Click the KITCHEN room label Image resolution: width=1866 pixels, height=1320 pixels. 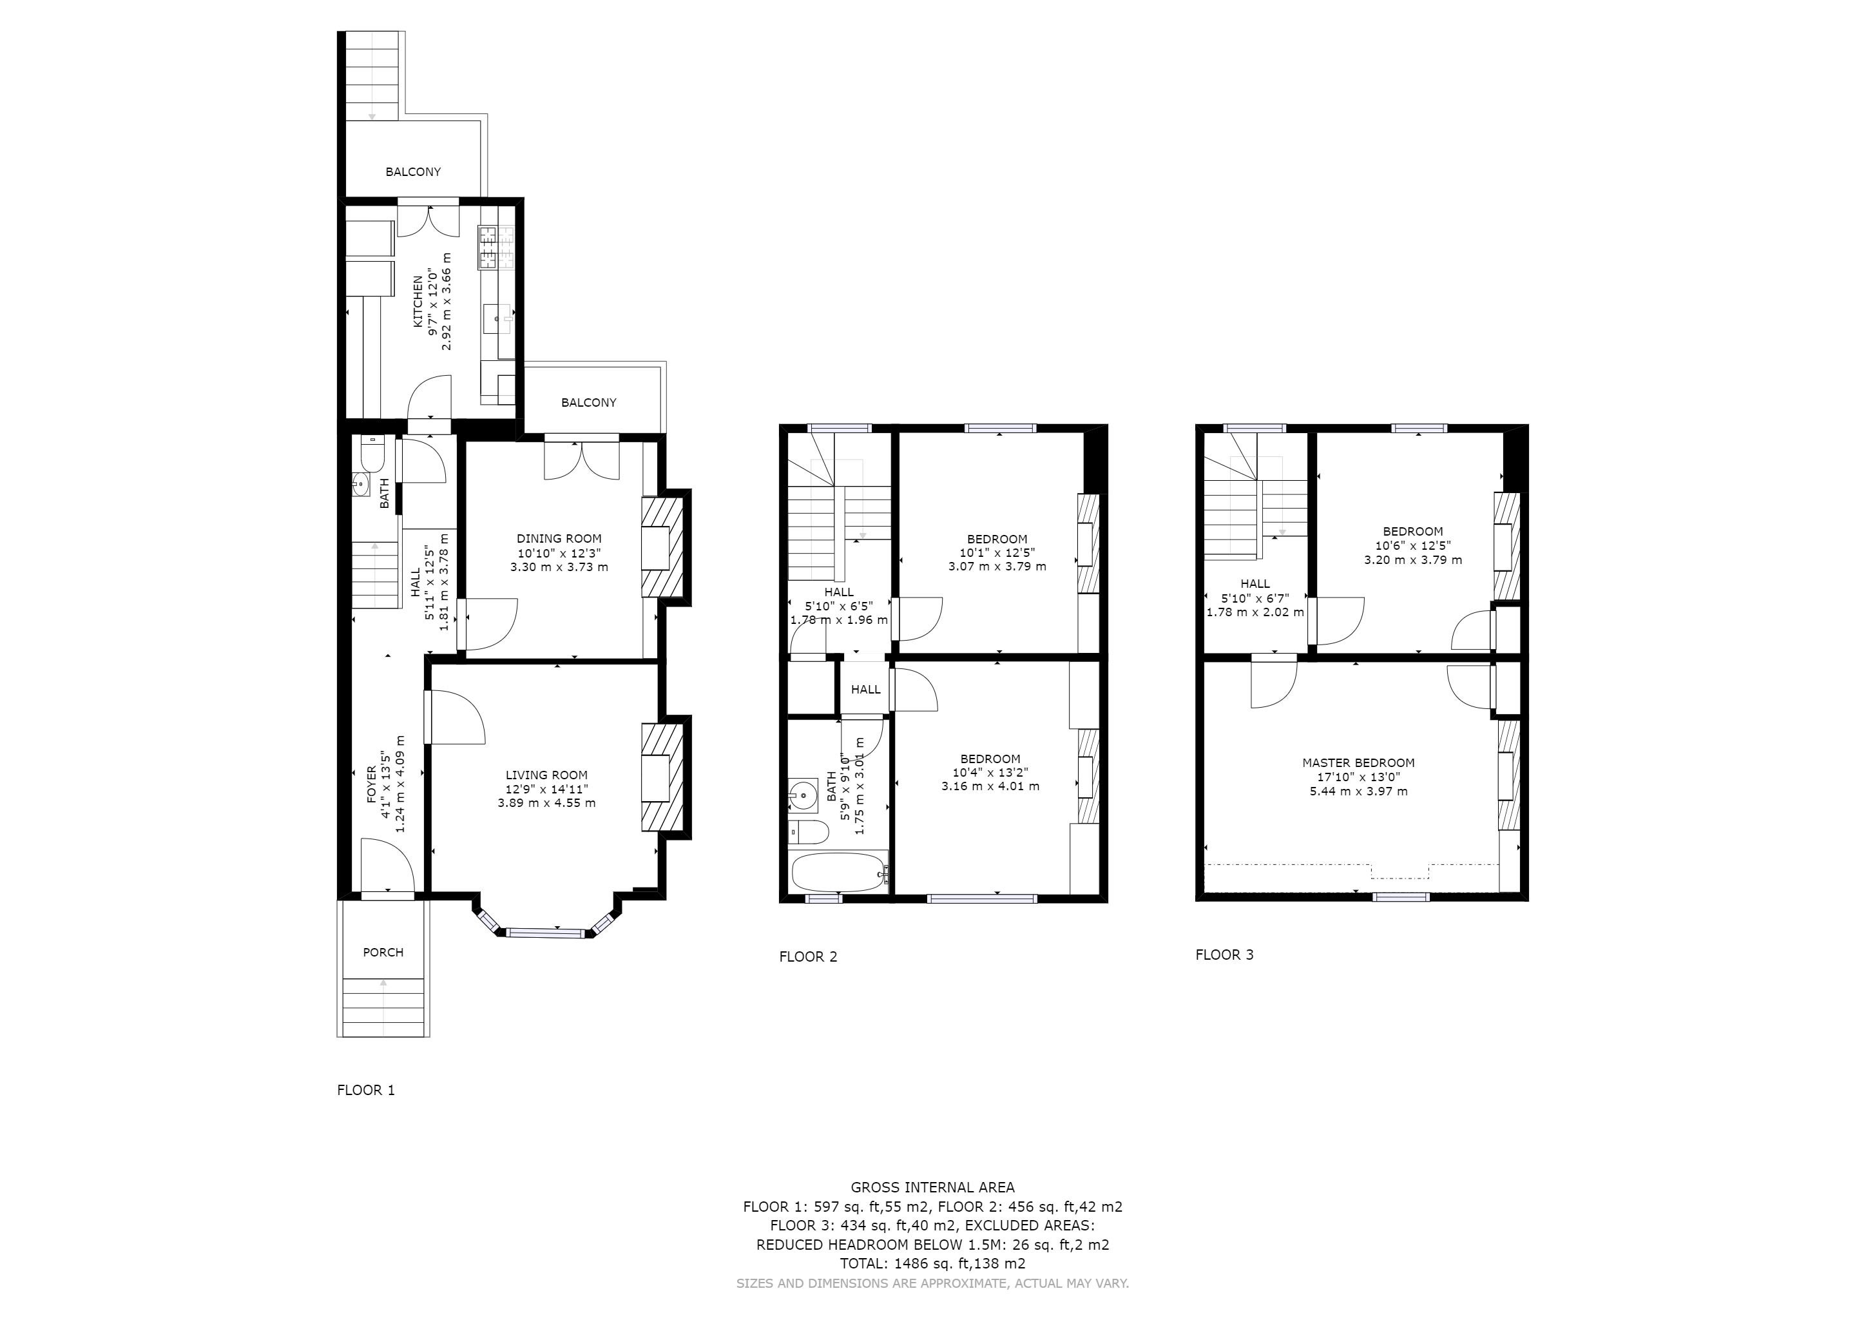[418, 302]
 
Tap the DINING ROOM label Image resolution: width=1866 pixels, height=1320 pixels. [559, 538]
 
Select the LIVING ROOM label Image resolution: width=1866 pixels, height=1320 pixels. [546, 775]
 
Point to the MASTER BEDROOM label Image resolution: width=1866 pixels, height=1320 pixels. [1358, 762]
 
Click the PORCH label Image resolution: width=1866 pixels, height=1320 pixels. [383, 952]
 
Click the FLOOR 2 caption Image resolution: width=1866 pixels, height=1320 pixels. [808, 956]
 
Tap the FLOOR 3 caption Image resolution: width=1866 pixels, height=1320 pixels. [1224, 955]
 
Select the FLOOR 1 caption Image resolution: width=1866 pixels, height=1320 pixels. [366, 1090]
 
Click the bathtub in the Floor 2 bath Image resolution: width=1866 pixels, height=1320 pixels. [840, 872]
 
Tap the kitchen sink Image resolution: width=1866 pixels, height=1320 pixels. [497, 318]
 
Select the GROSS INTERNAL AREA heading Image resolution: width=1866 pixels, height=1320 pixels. [932, 1187]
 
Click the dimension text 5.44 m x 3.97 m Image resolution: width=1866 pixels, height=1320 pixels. [1358, 791]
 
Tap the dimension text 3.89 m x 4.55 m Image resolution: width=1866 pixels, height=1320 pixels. [546, 803]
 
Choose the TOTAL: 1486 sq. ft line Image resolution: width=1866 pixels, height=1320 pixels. [932, 1264]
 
